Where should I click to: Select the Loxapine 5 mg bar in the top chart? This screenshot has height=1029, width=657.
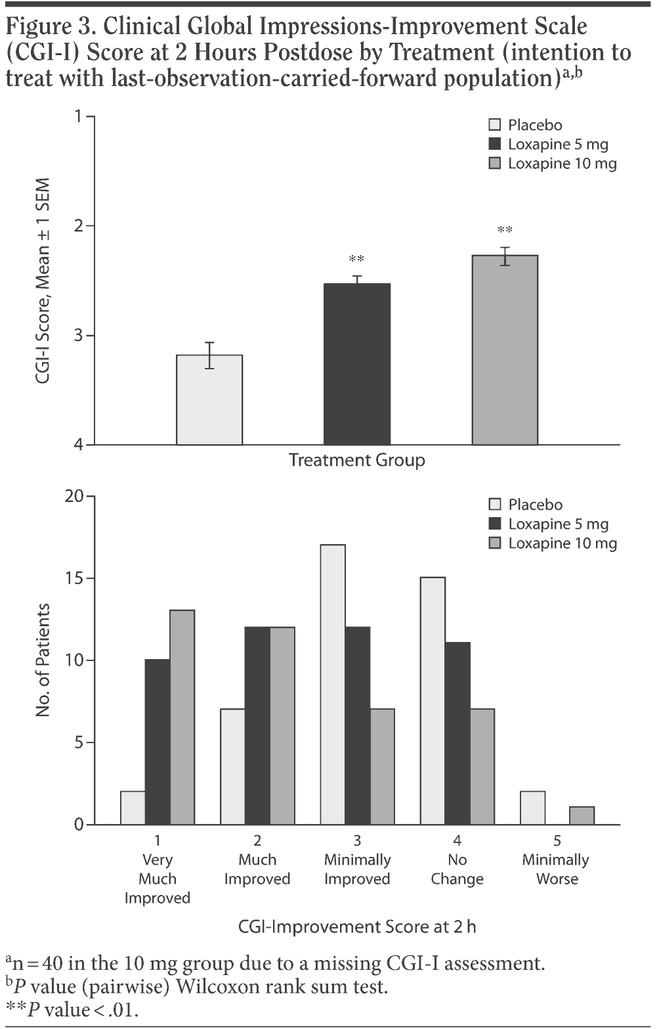coord(357,364)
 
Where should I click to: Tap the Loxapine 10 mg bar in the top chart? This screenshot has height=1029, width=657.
coord(505,350)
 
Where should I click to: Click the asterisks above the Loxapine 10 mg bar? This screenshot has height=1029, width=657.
coord(505,231)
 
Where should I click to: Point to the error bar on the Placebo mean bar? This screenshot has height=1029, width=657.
coord(209,355)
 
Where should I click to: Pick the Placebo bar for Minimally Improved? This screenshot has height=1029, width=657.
coord(333,684)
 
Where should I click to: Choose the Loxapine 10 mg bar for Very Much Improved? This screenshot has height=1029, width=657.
coord(182,717)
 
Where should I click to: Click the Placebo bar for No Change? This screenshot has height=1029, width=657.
coord(433,700)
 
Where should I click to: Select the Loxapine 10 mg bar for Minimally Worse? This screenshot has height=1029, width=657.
coord(582,815)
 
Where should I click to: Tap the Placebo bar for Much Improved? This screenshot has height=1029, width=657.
coord(232,766)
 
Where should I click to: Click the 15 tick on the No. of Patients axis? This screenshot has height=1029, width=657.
coord(79,578)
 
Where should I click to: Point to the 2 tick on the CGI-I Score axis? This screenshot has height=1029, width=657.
coord(81,226)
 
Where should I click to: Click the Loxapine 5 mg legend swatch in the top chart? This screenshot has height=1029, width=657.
coord(496,144)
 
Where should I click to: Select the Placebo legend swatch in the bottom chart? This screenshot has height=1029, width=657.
coord(496,505)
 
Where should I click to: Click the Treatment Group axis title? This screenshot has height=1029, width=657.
coord(357,460)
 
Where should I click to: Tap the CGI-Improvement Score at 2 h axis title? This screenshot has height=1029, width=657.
coord(357,926)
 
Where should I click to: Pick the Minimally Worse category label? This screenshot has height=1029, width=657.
coord(556,869)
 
